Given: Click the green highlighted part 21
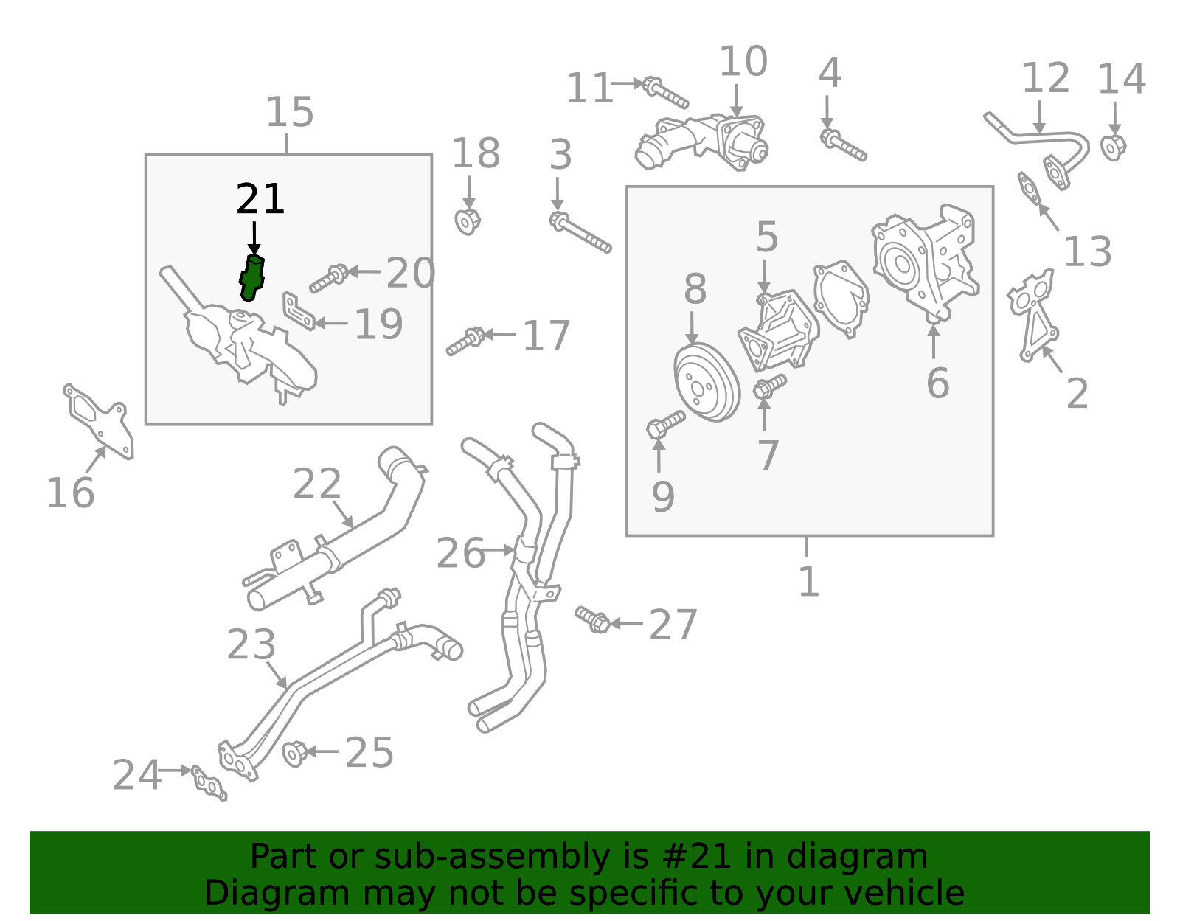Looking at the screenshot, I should click(x=252, y=277).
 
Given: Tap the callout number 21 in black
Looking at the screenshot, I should click(x=260, y=199).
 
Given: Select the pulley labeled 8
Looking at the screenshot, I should click(x=707, y=381).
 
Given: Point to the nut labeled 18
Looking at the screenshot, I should click(x=468, y=220).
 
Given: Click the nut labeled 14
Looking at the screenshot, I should click(x=1113, y=147).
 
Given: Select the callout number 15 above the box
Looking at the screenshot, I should click(x=289, y=113).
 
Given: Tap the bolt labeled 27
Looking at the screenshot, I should click(x=593, y=619).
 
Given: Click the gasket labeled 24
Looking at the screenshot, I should click(x=209, y=783).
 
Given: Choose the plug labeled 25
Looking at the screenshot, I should click(x=295, y=753).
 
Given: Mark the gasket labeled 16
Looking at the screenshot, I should click(x=100, y=420).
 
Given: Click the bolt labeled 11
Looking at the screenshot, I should click(x=665, y=92).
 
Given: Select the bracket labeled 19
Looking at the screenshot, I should click(x=299, y=312).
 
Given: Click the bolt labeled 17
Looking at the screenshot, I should click(x=465, y=341).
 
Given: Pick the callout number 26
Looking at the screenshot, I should click(x=460, y=553).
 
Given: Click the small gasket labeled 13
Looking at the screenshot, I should click(x=1029, y=187).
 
